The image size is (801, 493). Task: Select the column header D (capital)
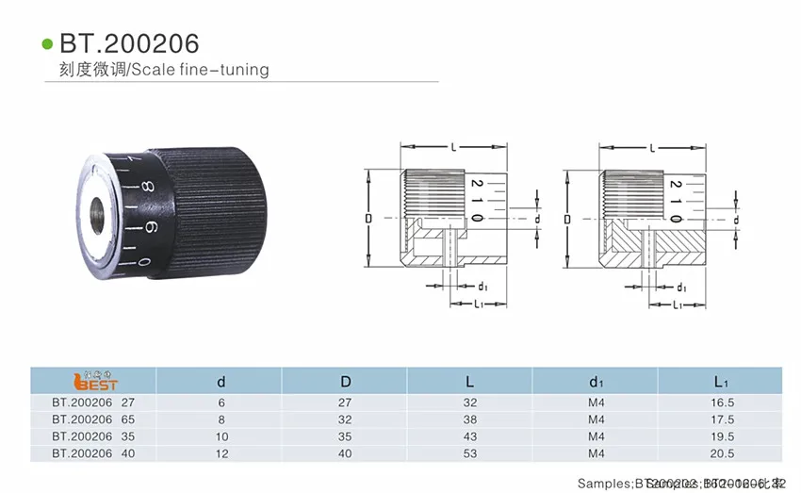coord(346,382)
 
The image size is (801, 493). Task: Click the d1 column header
coord(596,382)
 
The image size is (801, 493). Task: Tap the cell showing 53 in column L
coord(470,453)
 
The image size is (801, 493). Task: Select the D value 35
coord(346,436)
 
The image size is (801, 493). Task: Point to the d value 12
coord(221,453)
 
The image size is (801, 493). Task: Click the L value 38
coord(470,419)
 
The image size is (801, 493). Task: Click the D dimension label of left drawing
coord(368,219)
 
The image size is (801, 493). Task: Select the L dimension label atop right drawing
coord(652,148)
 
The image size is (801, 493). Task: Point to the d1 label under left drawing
coord(482,285)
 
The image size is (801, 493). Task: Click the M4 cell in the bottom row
coord(596,453)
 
